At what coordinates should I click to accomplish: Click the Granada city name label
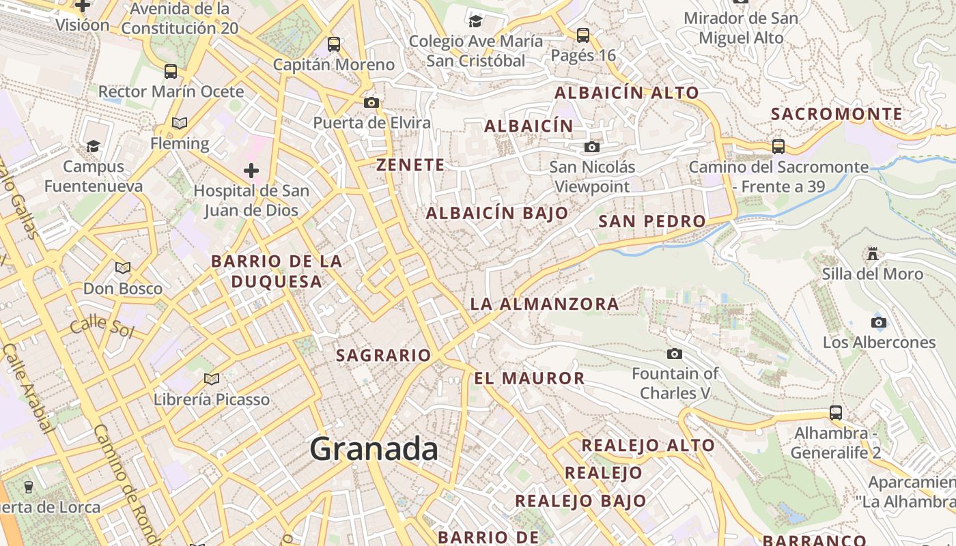tap(374, 449)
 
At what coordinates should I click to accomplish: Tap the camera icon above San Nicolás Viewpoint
tap(592, 147)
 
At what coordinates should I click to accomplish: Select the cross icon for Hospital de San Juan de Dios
tap(251, 170)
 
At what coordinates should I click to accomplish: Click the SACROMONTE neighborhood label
tap(836, 114)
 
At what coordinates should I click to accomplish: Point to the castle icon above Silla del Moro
tap(872, 254)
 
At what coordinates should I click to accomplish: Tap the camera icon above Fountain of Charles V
tap(675, 354)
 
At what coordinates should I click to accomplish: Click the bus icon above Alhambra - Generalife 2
tap(836, 412)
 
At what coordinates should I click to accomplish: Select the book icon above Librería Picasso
tap(212, 379)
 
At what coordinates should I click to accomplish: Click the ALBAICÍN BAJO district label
tap(497, 213)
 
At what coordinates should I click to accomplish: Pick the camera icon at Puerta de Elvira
tap(371, 102)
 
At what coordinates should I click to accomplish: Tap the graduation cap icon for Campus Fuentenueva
tap(93, 146)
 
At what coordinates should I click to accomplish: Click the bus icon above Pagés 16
tap(582, 35)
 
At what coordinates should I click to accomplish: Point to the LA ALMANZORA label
tap(545, 304)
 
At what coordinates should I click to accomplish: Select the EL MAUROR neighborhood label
tap(529, 378)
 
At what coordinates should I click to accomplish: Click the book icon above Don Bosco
tap(123, 268)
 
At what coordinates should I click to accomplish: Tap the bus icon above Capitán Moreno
tap(334, 44)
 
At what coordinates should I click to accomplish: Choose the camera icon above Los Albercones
tap(879, 322)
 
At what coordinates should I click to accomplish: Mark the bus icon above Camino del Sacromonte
tap(778, 146)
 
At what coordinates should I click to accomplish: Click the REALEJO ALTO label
tap(647, 446)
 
